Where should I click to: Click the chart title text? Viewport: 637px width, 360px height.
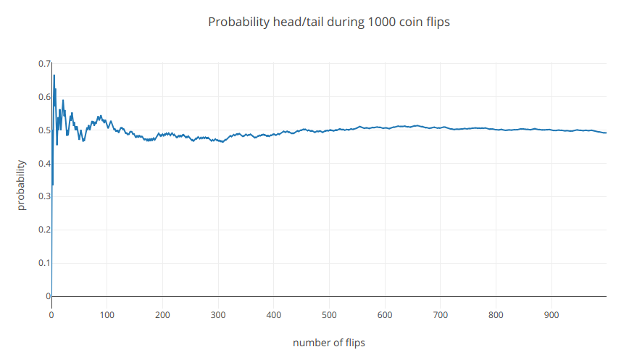point(329,22)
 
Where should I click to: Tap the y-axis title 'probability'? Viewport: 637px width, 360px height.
point(21,185)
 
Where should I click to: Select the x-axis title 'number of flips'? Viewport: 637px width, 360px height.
point(329,343)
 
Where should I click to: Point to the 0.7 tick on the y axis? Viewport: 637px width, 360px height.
point(44,64)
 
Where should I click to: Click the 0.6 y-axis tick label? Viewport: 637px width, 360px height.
point(44,97)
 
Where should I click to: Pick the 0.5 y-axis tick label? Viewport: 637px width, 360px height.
point(44,130)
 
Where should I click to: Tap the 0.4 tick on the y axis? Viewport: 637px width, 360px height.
point(44,164)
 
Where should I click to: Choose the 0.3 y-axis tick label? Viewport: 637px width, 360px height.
point(44,196)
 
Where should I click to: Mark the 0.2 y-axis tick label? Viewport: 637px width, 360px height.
point(44,230)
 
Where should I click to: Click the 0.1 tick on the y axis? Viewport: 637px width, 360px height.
point(44,263)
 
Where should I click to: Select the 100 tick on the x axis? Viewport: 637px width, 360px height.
point(107,315)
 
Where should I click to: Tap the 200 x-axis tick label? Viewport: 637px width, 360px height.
point(162,315)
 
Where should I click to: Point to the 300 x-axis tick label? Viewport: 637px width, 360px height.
point(218,315)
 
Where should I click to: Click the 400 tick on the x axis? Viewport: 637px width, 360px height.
point(273,315)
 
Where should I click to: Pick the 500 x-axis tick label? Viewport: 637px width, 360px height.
point(329,315)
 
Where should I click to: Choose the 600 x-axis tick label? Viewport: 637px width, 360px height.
point(385,315)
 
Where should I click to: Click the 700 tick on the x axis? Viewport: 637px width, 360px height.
point(440,315)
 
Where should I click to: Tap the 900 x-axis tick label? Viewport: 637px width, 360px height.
point(551,315)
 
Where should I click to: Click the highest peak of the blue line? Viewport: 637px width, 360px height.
point(54,75)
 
